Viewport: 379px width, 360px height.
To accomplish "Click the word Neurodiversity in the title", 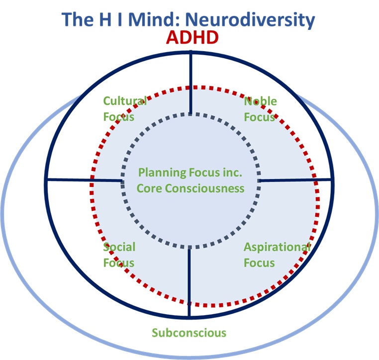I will click(258, 19).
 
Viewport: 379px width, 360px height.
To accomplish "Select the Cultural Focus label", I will click(124, 109).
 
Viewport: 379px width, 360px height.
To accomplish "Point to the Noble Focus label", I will click(260, 109).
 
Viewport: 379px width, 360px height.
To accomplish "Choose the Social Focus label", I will click(119, 255).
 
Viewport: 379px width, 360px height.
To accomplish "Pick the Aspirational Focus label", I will click(277, 255).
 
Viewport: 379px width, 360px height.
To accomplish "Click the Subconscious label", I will click(189, 333).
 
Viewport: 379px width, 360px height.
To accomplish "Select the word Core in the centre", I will click(150, 188).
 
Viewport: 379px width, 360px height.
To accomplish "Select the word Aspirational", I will click(277, 247).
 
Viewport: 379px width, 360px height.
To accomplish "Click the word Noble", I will click(260, 101).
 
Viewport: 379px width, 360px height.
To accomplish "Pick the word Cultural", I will click(124, 101).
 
